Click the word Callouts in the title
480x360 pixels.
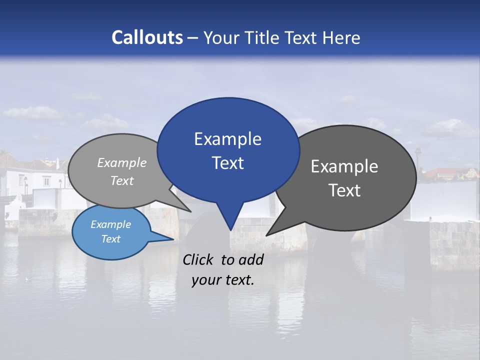pyautogui.click(x=147, y=37)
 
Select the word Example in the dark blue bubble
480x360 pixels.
pyautogui.click(x=227, y=139)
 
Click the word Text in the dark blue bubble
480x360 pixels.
pyautogui.click(x=227, y=163)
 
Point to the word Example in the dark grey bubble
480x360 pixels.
pyautogui.click(x=344, y=166)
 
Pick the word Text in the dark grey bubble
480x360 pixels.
pyautogui.click(x=344, y=190)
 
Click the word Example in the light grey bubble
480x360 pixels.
pyautogui.click(x=122, y=163)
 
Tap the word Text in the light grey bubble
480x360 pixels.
pyautogui.click(x=122, y=180)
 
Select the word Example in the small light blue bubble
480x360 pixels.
pyautogui.click(x=110, y=224)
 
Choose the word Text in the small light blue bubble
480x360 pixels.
pyautogui.click(x=110, y=239)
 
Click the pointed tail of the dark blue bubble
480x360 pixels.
pyautogui.click(x=230, y=227)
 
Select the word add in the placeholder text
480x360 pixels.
pyautogui.click(x=251, y=260)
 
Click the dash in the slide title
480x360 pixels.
pyautogui.click(x=193, y=38)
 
